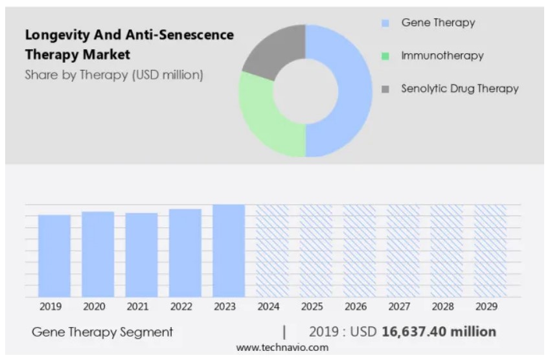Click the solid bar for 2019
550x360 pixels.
(x=54, y=256)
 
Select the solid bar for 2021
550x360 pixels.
(x=141, y=255)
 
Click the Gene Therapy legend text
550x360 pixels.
(x=438, y=23)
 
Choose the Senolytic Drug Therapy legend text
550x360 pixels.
(x=459, y=89)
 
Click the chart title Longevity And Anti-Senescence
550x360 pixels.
(x=130, y=35)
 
